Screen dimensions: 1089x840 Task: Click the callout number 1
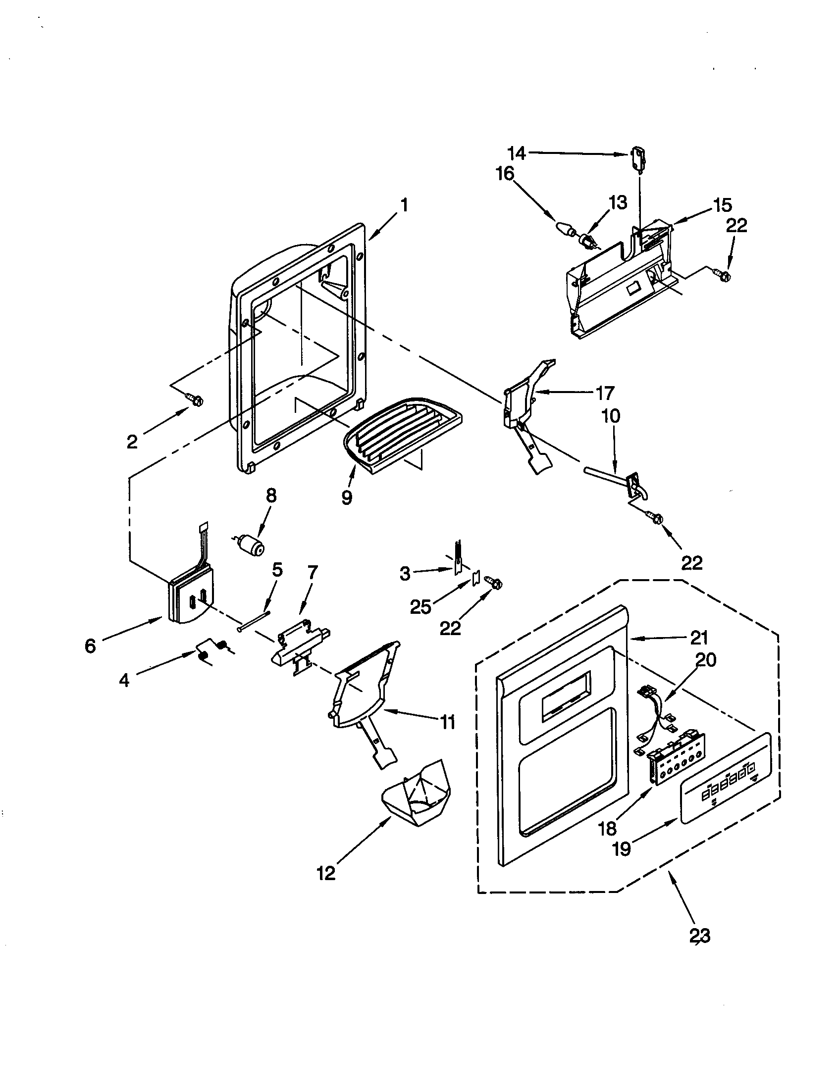(x=404, y=205)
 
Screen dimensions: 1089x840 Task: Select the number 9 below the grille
(x=347, y=496)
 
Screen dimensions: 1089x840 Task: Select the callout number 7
(x=312, y=573)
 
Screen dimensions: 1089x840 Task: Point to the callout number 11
(x=447, y=722)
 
